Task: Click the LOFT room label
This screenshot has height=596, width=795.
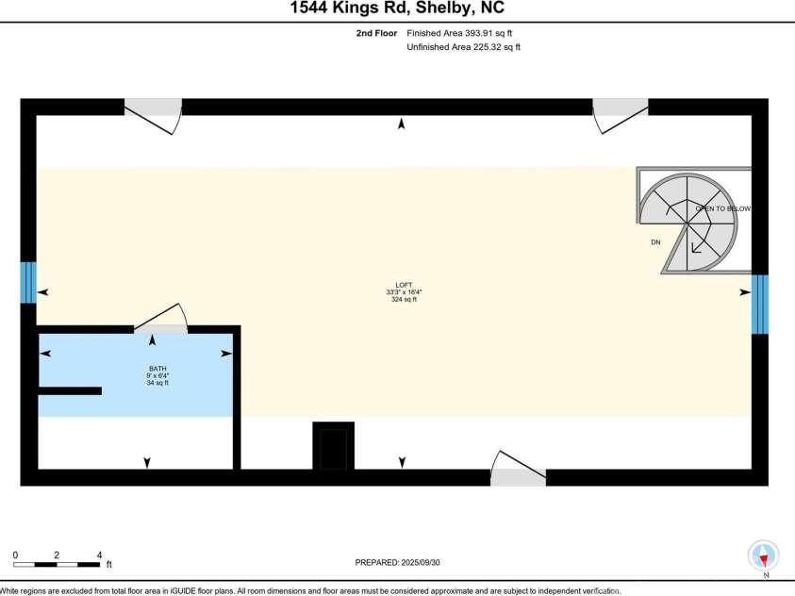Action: coord(404,285)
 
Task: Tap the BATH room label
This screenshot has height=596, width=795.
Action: coord(158,369)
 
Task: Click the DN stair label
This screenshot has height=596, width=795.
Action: coord(655,242)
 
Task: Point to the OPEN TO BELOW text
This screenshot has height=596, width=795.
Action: coord(723,208)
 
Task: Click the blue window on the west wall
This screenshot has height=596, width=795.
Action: coord(28,282)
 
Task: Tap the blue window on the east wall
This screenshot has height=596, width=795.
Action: coord(759,304)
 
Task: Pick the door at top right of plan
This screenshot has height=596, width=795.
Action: coord(619,113)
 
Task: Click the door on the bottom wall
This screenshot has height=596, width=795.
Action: coord(518,470)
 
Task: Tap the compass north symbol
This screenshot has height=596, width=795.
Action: coord(762,555)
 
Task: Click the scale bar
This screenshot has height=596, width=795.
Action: coord(57,564)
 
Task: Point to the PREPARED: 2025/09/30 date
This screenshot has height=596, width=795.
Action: coord(404,562)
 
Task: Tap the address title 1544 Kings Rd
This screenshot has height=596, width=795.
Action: coord(397,8)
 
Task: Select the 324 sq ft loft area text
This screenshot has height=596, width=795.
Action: coord(404,300)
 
